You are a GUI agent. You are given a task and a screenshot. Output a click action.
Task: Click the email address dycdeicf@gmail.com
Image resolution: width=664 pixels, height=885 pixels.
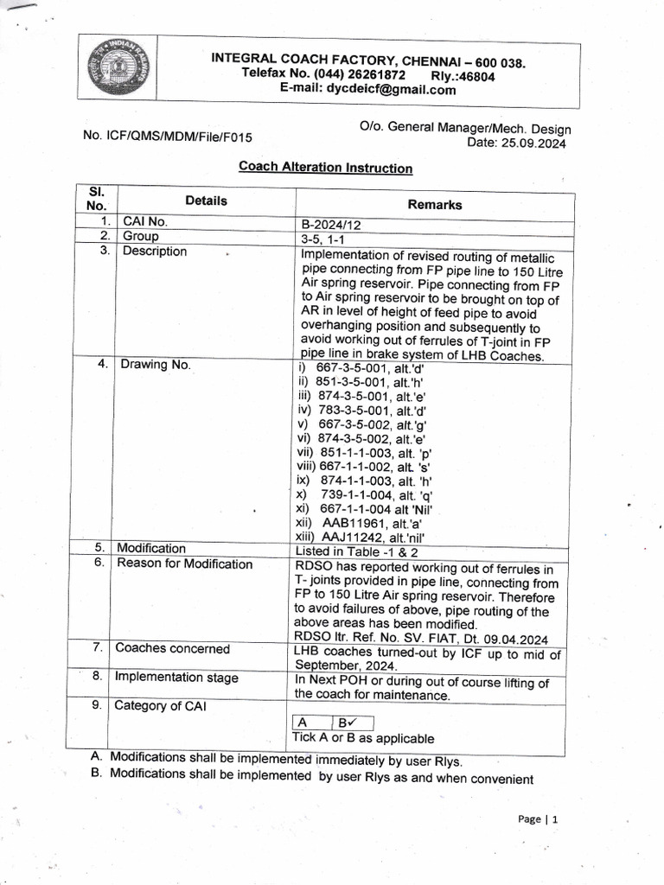tap(367, 89)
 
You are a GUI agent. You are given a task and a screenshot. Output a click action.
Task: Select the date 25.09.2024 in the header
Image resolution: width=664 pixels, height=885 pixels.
tap(534, 143)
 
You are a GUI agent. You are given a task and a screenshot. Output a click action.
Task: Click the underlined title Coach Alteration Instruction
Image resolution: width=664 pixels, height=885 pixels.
tap(325, 168)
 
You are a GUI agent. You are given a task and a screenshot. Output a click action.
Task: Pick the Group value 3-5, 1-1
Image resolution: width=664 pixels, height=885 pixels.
tap(322, 238)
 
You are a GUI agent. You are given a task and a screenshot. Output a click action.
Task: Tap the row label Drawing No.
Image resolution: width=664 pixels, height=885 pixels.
tap(156, 365)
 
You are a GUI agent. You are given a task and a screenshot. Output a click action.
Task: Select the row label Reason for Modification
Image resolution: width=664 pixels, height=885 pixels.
tap(184, 564)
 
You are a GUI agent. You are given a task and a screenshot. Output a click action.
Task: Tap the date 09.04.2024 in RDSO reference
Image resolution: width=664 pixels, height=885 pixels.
tap(514, 640)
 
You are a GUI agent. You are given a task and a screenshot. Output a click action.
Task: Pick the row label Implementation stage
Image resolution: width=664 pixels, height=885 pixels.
tap(176, 677)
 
